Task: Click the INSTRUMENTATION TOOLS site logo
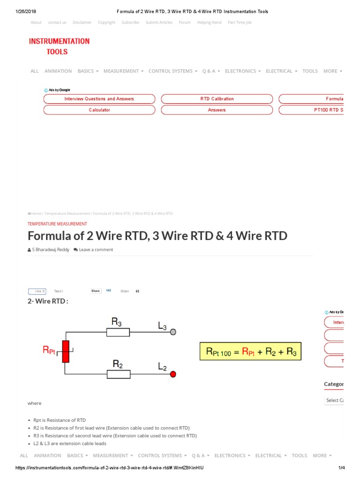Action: [59, 46]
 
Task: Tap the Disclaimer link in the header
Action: [82, 22]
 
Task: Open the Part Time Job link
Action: [240, 22]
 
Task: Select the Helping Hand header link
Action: [209, 22]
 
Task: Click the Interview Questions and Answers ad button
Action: [99, 99]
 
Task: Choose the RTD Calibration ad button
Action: [217, 99]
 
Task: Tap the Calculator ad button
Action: [99, 110]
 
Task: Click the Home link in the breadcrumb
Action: [36, 213]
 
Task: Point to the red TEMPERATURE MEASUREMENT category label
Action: [57, 224]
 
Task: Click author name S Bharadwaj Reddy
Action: [50, 250]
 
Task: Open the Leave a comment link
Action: [96, 250]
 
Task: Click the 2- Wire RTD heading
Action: [48, 301]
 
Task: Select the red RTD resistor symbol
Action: [66, 352]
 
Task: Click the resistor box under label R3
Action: [118, 332]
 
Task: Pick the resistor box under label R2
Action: [118, 374]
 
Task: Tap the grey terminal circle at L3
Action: [173, 332]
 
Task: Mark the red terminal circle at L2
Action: [173, 374]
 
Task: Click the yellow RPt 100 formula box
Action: [251, 351]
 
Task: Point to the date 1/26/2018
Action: [27, 11]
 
